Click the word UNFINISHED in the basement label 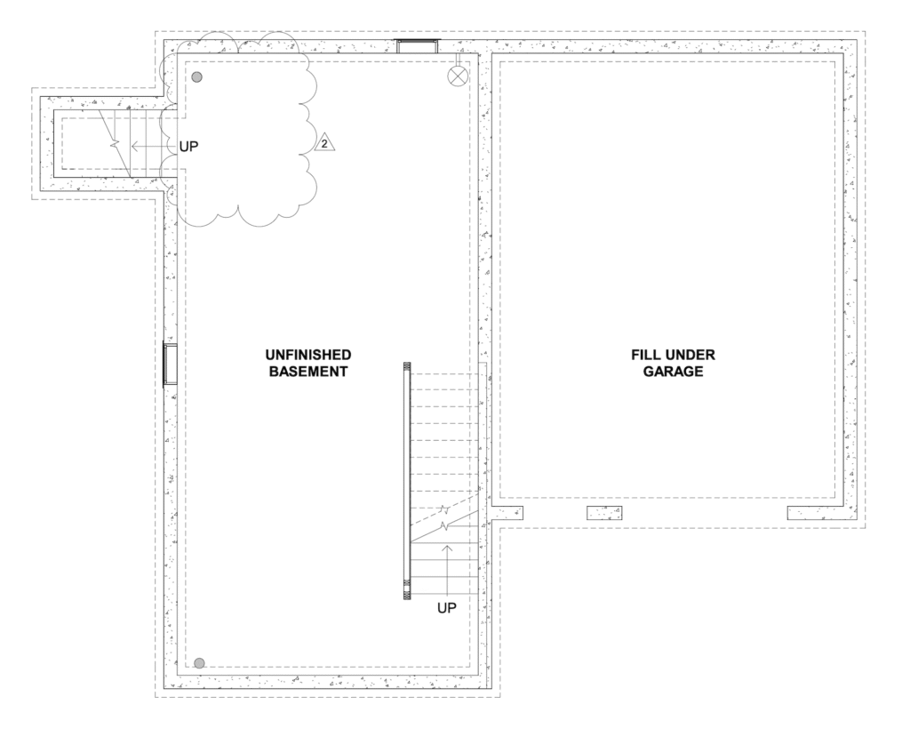308,355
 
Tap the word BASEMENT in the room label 308,372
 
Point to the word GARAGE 674,372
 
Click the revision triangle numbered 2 324,143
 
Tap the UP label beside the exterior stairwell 188,147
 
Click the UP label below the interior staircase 447,608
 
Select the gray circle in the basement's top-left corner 197,76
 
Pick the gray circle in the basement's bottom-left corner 199,663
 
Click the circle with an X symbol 458,76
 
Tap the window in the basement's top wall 417,46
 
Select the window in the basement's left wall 170,364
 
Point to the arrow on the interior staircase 447,570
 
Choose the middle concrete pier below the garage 604,513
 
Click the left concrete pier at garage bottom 507,513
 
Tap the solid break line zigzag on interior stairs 445,526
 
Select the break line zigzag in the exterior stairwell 115,143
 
